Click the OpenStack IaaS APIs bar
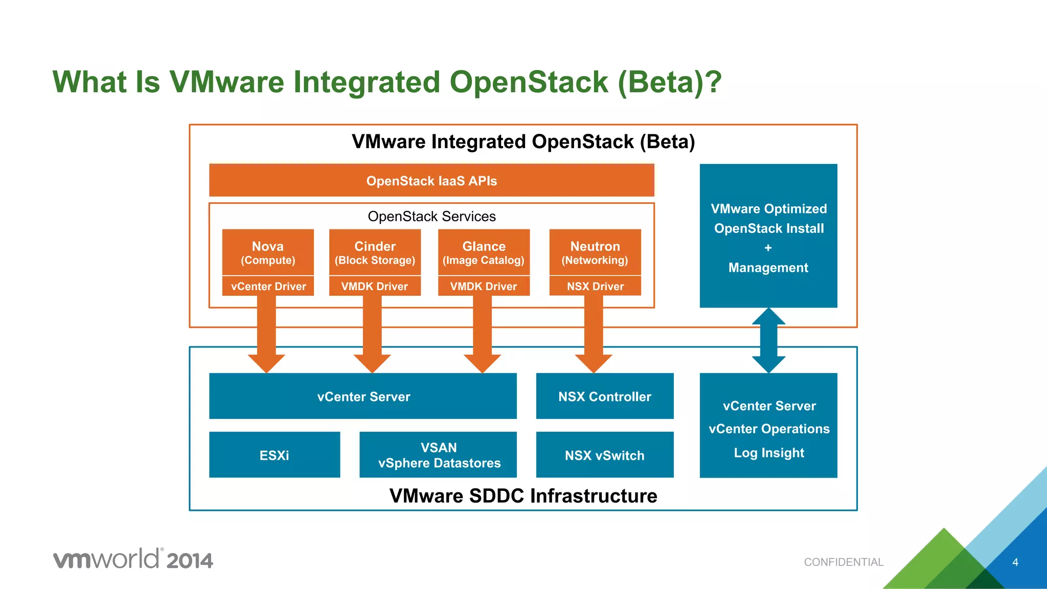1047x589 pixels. (431, 181)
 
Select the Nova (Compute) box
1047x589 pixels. (268, 253)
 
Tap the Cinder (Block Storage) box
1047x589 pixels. (375, 253)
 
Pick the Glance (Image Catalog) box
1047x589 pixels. (484, 253)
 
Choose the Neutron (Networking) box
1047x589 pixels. (595, 253)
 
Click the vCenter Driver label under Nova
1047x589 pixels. (268, 287)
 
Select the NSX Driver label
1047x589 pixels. (595, 287)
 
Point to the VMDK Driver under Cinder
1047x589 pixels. (375, 287)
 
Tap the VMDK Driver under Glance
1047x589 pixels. (484, 287)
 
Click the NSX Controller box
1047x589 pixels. (605, 396)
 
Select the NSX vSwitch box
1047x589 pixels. (605, 455)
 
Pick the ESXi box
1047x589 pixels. (275, 455)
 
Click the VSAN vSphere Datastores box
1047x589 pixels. (438, 455)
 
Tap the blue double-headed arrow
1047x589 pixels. (768, 340)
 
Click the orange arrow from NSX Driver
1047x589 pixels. (594, 337)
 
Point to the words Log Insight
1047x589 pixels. (769, 453)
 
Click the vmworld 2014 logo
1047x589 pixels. (133, 559)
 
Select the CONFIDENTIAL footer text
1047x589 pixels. (844, 562)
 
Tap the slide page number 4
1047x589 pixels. (1015, 562)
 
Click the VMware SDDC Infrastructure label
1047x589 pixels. (523, 496)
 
